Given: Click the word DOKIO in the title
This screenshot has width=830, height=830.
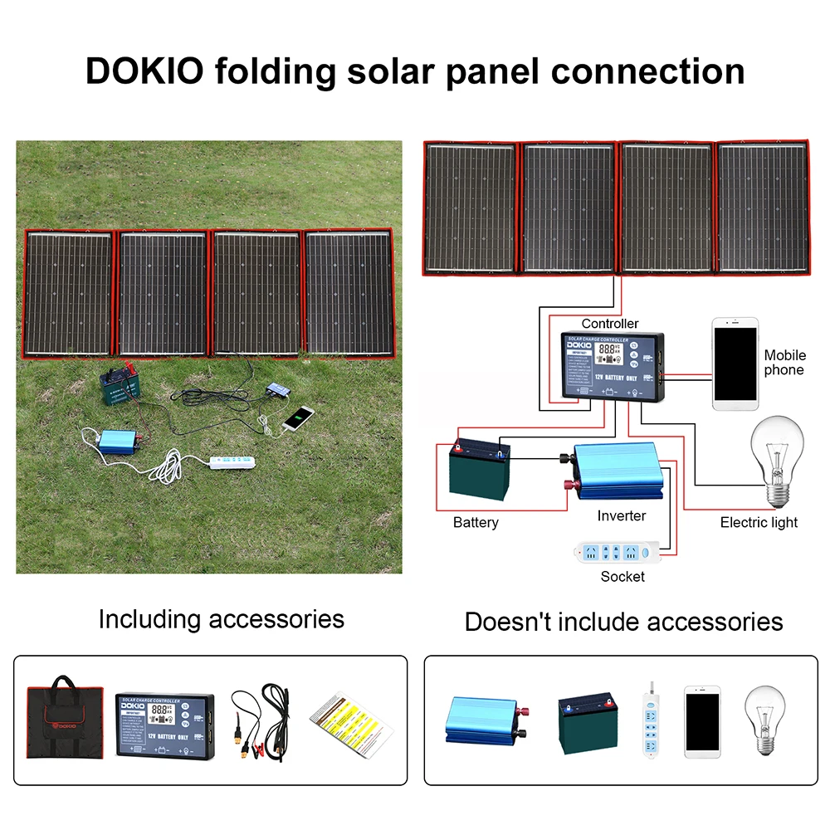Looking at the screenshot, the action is click(x=144, y=71).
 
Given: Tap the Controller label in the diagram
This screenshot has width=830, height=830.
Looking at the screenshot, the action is click(x=610, y=323).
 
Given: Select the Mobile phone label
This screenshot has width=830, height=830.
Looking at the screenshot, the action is click(x=784, y=362).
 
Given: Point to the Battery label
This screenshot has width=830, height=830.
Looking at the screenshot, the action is click(x=476, y=522).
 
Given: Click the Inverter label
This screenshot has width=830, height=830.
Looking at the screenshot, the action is click(x=621, y=515).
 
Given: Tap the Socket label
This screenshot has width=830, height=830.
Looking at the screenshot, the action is click(x=622, y=576).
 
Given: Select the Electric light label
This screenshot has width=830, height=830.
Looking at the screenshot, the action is click(x=759, y=522).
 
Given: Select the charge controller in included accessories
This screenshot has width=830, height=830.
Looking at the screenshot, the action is click(x=164, y=718).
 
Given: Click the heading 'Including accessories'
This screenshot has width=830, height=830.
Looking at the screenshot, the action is click(x=221, y=619).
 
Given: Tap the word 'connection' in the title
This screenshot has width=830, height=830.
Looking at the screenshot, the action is click(x=649, y=71).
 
